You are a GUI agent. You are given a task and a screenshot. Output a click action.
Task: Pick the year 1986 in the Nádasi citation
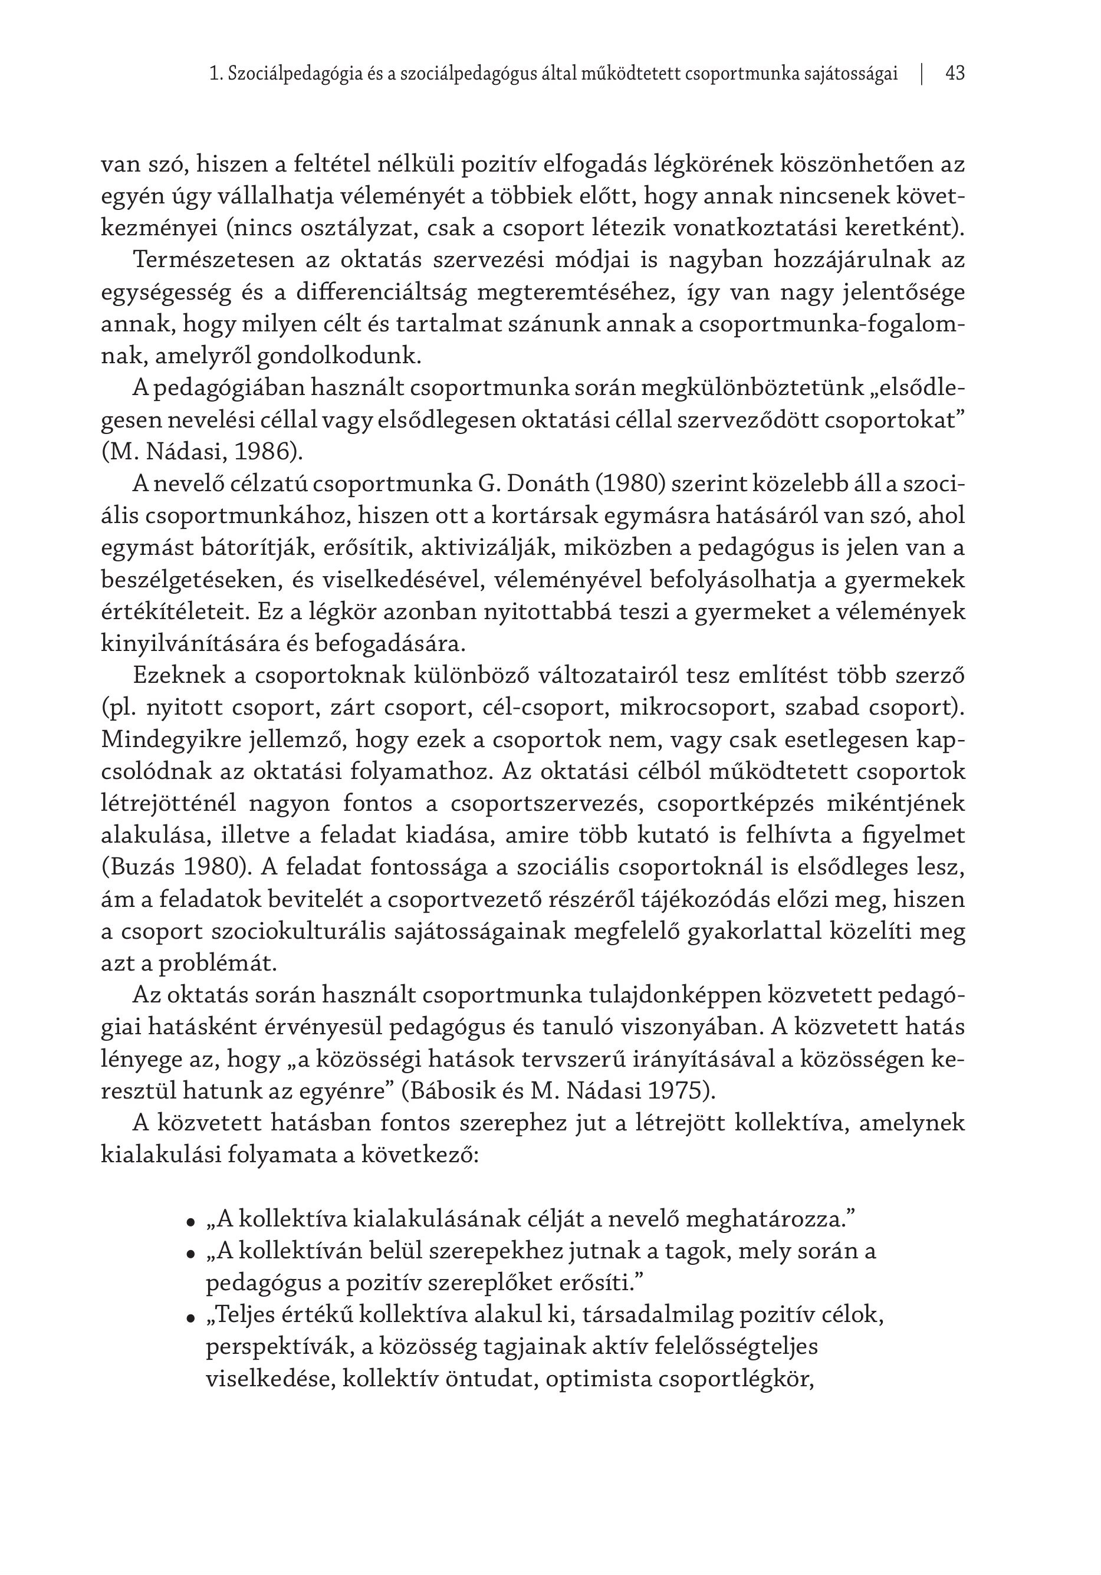[264, 452]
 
